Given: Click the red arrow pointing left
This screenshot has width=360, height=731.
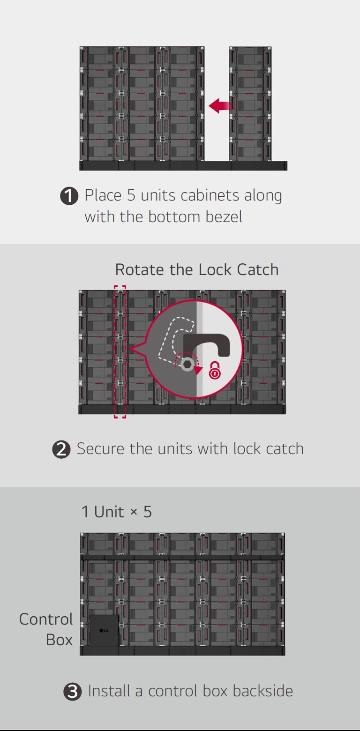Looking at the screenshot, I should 220,106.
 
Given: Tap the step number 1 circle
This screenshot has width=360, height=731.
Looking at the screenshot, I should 69,196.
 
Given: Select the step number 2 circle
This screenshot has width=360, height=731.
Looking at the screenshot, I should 61,449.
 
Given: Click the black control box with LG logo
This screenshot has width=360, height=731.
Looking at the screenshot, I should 104,631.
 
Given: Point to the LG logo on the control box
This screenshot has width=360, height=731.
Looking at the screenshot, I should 104,630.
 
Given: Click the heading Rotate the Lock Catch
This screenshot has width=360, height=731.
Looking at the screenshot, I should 196,270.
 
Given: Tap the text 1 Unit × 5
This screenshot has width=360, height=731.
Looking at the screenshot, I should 116,512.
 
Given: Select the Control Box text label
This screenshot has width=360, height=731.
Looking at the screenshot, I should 46,629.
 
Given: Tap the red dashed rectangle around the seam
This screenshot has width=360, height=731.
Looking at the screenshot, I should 120,351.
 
